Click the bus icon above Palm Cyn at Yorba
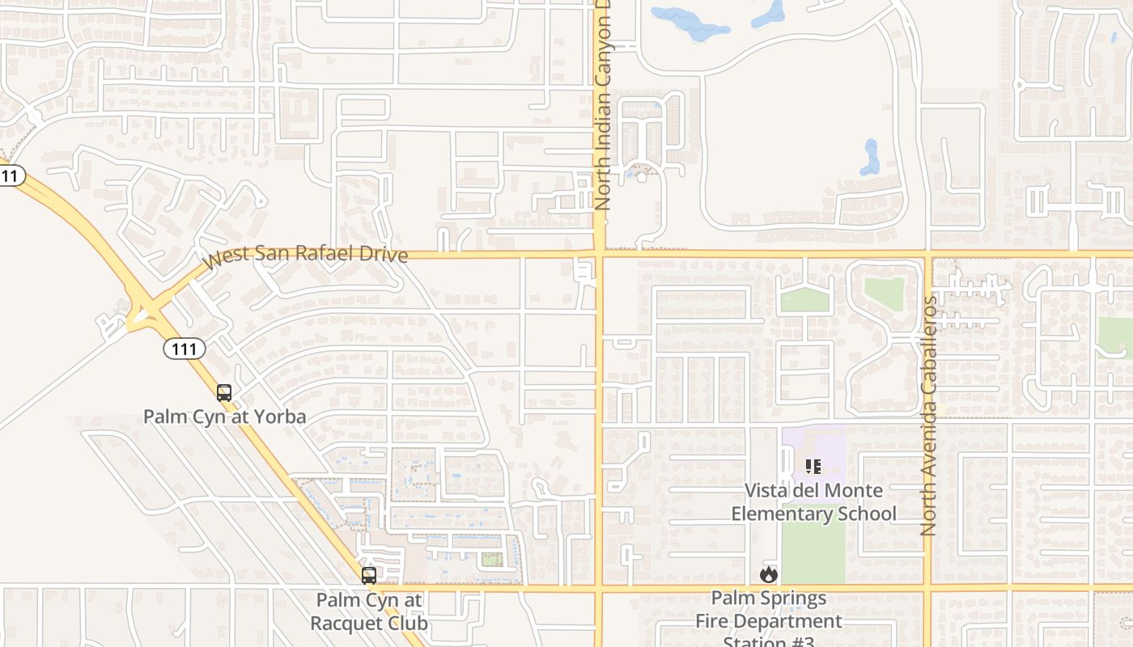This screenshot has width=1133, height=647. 224,393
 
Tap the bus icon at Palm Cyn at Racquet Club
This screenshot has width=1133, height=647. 369,576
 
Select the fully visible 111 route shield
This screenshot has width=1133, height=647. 185,349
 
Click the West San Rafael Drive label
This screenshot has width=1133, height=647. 305,256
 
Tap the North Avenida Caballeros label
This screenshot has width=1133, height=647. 928,416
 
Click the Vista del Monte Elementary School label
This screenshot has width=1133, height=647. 813,501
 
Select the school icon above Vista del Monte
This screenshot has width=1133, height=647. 813,467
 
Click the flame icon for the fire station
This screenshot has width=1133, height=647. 768,575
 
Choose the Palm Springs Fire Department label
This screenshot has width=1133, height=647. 769,620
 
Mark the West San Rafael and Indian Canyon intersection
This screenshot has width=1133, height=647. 600,254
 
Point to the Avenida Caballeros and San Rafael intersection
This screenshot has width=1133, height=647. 928,254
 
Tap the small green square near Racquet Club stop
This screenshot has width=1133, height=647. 490,559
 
